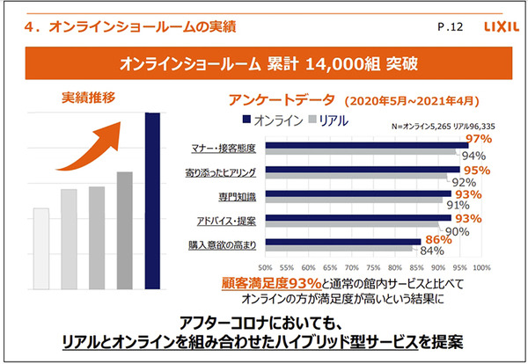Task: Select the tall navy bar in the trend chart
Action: (x=151, y=188)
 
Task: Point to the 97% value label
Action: (x=479, y=139)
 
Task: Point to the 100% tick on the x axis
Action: (x=481, y=266)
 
